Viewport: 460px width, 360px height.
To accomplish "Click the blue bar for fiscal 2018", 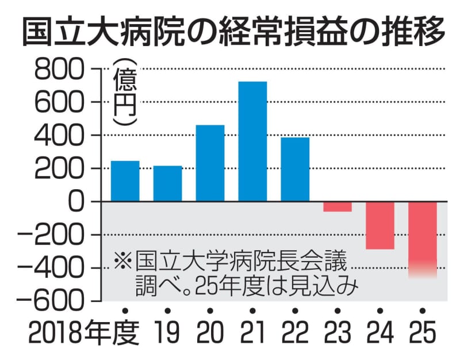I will click(125, 181).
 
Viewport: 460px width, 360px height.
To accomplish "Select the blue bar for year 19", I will click(167, 183).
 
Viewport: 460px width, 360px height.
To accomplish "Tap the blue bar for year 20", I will click(210, 163).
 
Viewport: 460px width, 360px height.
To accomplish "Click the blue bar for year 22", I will click(295, 170).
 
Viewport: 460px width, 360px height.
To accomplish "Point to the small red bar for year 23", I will click(338, 206).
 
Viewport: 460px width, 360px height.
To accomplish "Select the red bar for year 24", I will click(380, 225).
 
